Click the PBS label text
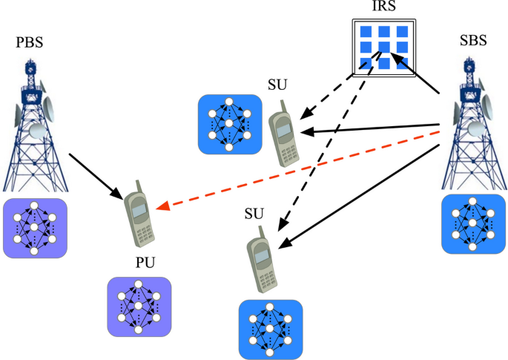30,42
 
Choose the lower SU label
254,214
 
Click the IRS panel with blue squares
382,46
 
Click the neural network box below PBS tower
35,228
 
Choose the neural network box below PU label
139,306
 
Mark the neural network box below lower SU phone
271,329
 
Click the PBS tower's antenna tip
30,62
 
